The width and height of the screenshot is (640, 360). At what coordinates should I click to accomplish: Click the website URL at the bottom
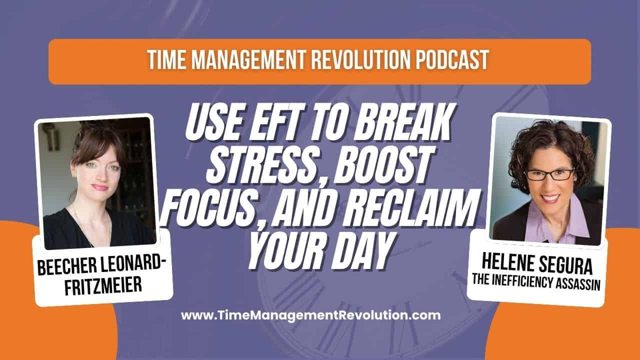coord(310,315)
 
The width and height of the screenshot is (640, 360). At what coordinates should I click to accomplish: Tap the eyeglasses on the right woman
coord(548,174)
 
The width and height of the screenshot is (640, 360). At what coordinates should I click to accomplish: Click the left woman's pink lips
coord(99,187)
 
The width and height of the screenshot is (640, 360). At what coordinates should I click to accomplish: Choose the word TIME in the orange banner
coord(169,61)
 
